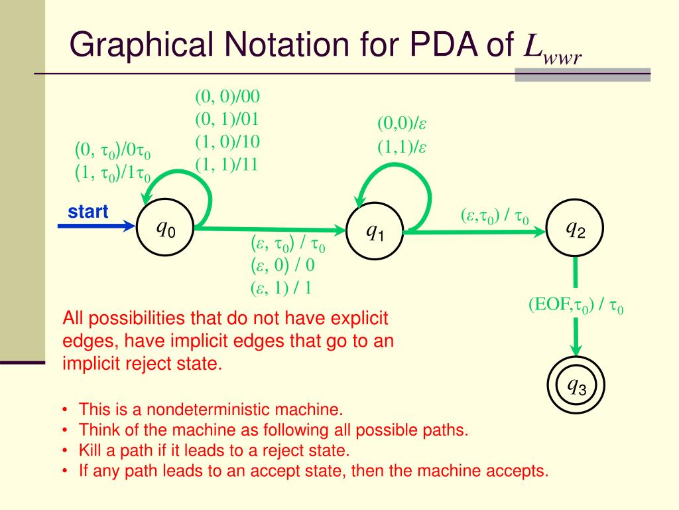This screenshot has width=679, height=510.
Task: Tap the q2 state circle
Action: point(575,229)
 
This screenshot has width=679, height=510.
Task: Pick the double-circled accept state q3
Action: point(576,384)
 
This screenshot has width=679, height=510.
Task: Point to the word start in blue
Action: point(88,212)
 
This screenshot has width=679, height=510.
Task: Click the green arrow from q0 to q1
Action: point(272,230)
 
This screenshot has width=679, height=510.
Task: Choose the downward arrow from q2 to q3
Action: point(576,305)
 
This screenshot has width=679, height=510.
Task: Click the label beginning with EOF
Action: point(576,305)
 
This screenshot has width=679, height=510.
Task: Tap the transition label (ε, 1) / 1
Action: point(281,288)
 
